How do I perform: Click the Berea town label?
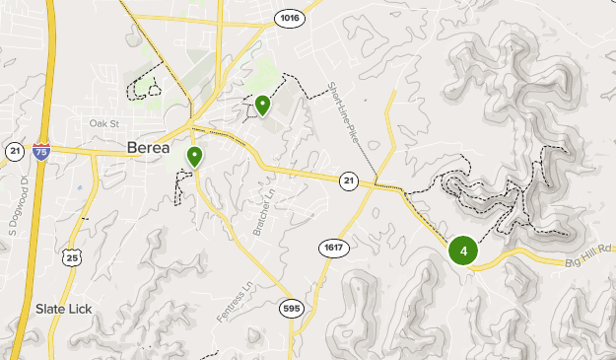point(151,148)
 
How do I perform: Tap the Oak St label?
point(103,124)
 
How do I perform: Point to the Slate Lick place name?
point(63,309)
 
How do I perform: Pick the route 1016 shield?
point(289,18)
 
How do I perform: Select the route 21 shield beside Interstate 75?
point(14,150)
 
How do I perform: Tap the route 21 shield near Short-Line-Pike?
point(349,180)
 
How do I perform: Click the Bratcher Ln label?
point(261,203)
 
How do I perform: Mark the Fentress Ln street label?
point(228,302)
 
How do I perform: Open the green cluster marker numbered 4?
point(463,251)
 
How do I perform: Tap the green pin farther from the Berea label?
point(263,105)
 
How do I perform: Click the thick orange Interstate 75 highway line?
point(30,237)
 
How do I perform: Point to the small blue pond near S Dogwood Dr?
point(78,187)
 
